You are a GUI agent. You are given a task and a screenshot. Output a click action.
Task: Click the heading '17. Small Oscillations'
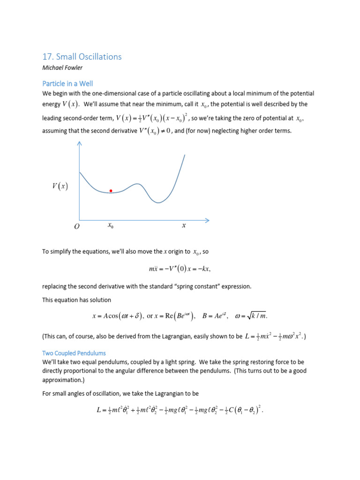[x=82, y=57]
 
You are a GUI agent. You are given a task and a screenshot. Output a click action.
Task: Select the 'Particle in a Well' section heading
[x=67, y=83]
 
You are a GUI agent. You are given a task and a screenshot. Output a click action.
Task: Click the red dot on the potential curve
[x=111, y=191]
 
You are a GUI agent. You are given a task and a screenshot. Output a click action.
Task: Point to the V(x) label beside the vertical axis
[x=60, y=187]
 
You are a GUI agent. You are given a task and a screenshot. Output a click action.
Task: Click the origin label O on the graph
[x=76, y=226]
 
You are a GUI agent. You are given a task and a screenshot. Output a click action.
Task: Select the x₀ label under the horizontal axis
[x=110, y=225]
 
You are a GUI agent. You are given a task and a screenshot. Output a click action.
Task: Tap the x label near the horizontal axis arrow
[x=184, y=225]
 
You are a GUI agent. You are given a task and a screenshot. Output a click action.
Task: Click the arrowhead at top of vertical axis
[x=79, y=145]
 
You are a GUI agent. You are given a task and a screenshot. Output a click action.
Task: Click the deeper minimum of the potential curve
[x=159, y=202]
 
